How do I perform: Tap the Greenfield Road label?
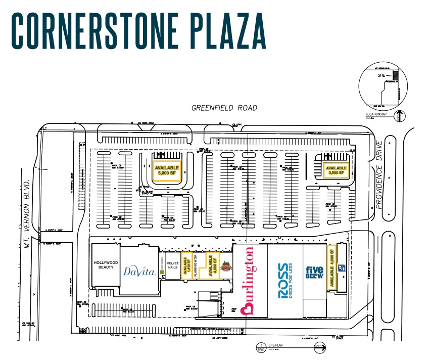tap(224, 108)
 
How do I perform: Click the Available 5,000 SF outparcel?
tap(167, 170)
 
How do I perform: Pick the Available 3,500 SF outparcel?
tap(336, 170)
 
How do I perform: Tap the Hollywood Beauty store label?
tap(106, 264)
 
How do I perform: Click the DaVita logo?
tap(139, 271)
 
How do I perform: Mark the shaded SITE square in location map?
tap(396, 75)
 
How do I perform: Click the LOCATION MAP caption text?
tap(376, 115)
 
